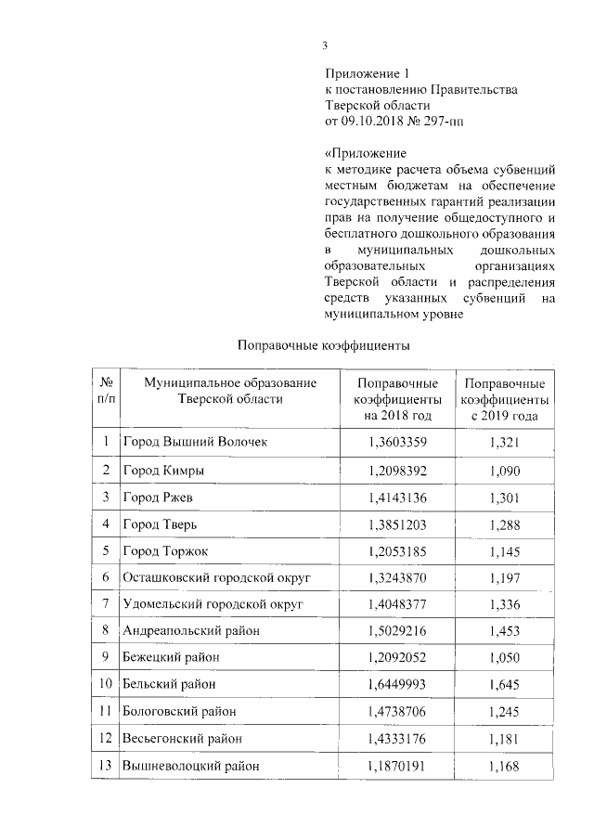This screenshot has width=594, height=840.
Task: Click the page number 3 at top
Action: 325,45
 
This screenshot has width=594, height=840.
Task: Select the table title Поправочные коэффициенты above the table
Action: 323,345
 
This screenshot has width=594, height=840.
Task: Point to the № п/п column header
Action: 107,391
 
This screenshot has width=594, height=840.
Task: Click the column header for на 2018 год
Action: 398,400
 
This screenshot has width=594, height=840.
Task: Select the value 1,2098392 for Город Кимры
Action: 398,470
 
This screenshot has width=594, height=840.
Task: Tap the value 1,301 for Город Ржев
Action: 503,497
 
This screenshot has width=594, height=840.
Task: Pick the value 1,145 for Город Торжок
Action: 503,550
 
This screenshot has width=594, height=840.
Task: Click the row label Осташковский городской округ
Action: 216,577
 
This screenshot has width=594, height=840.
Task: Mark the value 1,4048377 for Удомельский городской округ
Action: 398,604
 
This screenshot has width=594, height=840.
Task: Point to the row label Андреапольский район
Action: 191,631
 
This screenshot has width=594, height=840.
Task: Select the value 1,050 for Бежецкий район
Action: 503,658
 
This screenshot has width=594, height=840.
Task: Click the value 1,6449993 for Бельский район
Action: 398,685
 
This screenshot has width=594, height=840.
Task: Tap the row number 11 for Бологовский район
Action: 107,712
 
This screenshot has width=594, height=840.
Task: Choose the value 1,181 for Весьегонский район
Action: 503,739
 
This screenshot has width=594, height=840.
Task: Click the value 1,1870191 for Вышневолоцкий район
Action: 398,766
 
